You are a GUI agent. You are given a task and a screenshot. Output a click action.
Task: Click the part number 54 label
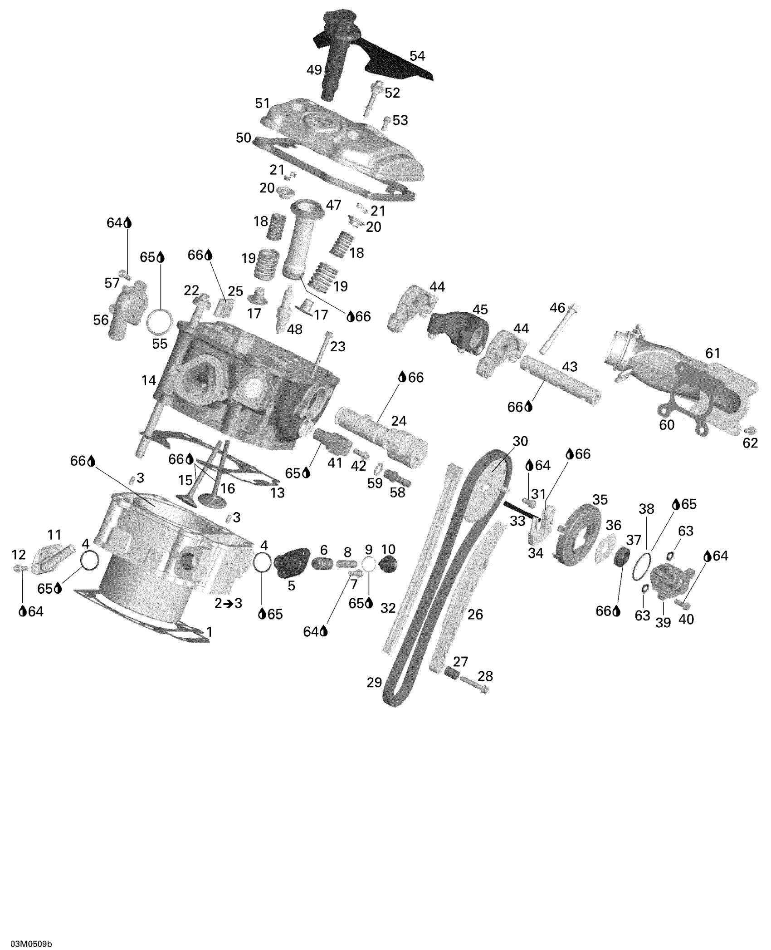coord(417,56)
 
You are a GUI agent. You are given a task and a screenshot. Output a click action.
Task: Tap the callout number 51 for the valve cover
coord(263,103)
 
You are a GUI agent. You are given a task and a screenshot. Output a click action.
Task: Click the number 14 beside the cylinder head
coord(149,380)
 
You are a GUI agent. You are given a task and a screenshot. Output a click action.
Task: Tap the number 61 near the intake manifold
coord(712,353)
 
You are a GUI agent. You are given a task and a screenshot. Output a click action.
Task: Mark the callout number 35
coord(600,500)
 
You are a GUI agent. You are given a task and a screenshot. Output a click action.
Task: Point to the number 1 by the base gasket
coord(209,631)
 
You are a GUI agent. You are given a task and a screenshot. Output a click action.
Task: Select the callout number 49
coord(314,70)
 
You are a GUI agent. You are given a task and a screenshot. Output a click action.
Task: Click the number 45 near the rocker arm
coord(480,310)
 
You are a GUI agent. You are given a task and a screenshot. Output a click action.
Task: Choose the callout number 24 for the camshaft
coord(399,421)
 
